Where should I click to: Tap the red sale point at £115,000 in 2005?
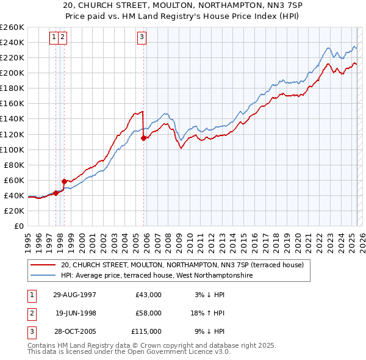tap(144, 138)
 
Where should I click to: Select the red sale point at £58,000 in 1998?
tap(64, 181)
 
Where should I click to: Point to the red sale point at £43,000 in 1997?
tap(56, 193)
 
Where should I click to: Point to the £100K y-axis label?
tap(12, 149)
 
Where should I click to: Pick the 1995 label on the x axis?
tap(28, 238)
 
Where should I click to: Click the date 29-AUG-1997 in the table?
tap(74, 295)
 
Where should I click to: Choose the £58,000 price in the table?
tap(148, 313)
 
